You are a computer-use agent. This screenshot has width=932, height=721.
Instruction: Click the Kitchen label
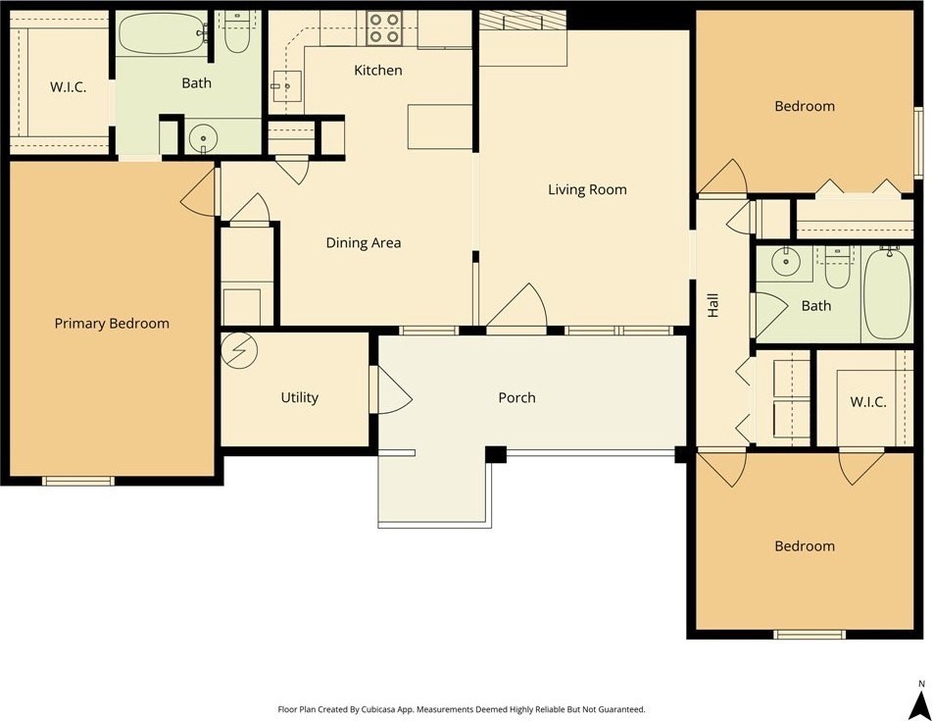(378, 71)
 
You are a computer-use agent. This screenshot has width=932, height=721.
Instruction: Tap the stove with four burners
(383, 28)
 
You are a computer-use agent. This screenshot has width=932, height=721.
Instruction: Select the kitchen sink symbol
(286, 86)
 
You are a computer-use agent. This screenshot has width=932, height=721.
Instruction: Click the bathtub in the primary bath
(163, 34)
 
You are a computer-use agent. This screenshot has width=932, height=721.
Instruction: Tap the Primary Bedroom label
(112, 324)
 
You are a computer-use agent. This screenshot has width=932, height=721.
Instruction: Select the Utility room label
(300, 397)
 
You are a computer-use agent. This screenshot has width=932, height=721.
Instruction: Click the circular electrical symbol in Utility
(239, 350)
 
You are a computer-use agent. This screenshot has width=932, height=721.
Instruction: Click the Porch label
(516, 397)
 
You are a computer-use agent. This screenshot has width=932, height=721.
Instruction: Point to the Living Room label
(587, 189)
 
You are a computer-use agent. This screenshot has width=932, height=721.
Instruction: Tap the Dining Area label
(364, 242)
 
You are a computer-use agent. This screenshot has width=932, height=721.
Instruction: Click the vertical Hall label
(713, 305)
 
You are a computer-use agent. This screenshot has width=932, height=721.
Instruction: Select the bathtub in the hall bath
(887, 293)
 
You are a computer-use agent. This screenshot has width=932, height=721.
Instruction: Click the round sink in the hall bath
(786, 261)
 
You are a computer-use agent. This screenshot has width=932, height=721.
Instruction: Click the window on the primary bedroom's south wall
(77, 481)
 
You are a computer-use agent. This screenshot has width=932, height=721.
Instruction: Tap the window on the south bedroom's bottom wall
(809, 634)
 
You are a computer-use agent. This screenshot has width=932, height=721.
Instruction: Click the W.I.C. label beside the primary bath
(68, 87)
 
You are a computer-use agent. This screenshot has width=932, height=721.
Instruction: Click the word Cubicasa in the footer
(377, 709)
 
